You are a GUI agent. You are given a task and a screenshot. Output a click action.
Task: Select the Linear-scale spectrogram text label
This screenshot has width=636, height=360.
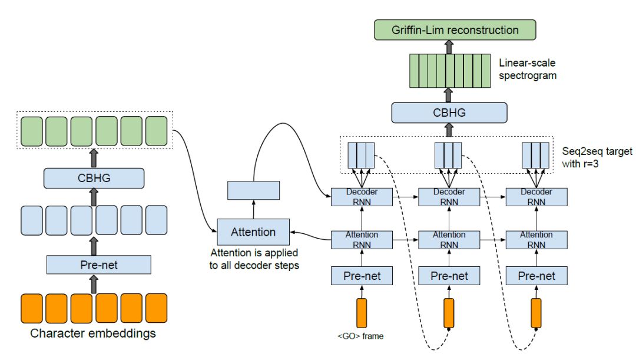click(x=527, y=68)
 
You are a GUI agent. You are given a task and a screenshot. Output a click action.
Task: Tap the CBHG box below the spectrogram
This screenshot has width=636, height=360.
click(x=449, y=113)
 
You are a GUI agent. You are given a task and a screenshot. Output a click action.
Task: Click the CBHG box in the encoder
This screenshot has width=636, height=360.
click(x=94, y=178)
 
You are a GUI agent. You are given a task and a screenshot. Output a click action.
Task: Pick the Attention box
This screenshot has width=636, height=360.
click(x=253, y=232)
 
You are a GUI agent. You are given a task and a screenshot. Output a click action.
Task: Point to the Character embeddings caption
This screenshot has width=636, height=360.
click(x=93, y=333)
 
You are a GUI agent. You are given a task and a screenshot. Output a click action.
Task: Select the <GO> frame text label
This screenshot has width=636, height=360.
click(x=360, y=336)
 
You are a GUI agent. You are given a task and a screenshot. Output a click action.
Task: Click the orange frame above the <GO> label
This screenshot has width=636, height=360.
click(x=361, y=313)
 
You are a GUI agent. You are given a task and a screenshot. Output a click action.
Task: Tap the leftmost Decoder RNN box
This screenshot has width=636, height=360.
click(x=361, y=197)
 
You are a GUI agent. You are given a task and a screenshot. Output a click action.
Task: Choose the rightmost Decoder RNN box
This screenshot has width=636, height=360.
click(x=536, y=197)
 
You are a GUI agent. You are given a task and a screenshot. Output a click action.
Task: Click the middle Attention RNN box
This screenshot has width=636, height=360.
click(x=449, y=240)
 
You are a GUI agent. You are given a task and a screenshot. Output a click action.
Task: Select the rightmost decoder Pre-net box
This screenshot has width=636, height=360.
click(x=536, y=275)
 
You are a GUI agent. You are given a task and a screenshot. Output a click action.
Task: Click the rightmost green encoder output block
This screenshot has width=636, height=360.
click(x=157, y=130)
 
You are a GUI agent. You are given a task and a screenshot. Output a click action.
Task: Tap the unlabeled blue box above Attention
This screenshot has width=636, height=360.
click(x=253, y=190)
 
